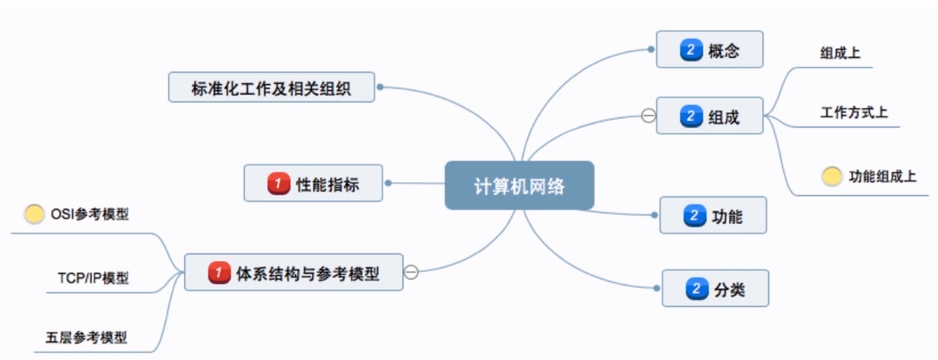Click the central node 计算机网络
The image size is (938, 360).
pos(519,186)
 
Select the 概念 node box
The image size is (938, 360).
pos(709,50)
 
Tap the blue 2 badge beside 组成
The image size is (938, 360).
pos(690,116)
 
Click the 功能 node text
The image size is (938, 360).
pos(728,216)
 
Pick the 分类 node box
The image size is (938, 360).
pos(715,288)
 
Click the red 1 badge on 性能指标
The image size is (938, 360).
pos(278,183)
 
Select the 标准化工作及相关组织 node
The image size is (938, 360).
pos(271,87)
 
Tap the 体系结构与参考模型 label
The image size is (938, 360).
pos(307,273)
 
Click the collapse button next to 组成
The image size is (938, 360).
pos(648,115)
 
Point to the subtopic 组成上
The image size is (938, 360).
pos(840,53)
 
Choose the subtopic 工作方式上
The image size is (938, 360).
pos(853,113)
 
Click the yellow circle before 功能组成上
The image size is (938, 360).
pos(831,177)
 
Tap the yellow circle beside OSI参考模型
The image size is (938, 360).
pos(34,214)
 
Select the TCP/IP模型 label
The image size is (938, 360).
pos(93,278)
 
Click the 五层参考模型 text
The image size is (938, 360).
pos(86,337)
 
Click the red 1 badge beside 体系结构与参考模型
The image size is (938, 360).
pos(218,272)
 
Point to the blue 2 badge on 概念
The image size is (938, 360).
pos(690,50)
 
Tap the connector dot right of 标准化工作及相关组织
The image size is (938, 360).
pos(380,87)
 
